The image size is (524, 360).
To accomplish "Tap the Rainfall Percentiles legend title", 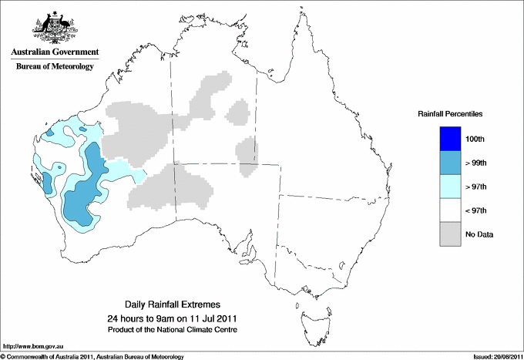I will coord(450,113).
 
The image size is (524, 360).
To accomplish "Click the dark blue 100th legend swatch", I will coord(450,138).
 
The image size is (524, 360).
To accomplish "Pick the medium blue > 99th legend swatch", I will coord(450,163).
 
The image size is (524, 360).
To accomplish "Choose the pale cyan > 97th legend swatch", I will coord(450,187).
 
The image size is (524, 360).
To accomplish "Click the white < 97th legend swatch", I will coord(450,210).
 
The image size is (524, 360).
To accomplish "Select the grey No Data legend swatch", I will coord(450,234).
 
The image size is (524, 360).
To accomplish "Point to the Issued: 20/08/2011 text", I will coord(495,356).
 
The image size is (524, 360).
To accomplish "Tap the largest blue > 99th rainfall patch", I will coord(81,197).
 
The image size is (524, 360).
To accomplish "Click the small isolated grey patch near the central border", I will coord(247,150).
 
